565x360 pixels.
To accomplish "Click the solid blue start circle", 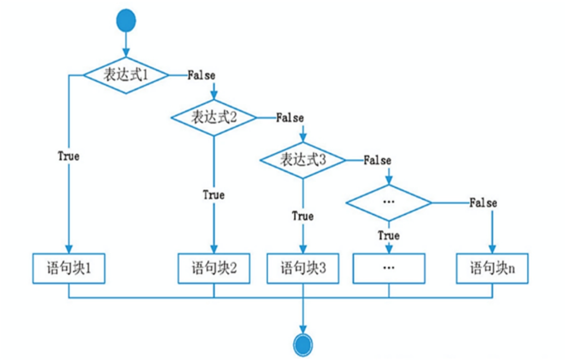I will point(126,21).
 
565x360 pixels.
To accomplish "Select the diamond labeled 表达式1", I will point(126,75).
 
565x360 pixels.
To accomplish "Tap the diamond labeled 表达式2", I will point(214,117).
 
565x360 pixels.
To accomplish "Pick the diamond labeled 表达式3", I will point(303,160).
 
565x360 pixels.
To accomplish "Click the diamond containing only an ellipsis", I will point(389,203).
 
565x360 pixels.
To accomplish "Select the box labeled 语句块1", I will point(69,267).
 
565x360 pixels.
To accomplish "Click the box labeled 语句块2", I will point(214,267).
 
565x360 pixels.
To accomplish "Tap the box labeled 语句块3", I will point(303,267).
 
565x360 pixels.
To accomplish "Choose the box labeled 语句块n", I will point(492,267).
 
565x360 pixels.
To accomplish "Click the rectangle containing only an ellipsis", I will point(389,267).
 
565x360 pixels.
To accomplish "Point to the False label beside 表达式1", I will point(201,75).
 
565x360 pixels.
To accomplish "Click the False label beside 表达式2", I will point(290,118).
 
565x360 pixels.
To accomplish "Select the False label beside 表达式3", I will point(377,161).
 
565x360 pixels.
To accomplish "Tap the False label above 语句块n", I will point(483,203).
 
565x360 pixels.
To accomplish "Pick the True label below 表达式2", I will point(214,194).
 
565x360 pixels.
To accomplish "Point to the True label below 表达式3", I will point(303,216).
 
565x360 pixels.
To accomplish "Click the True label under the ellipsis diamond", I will point(389,235).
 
